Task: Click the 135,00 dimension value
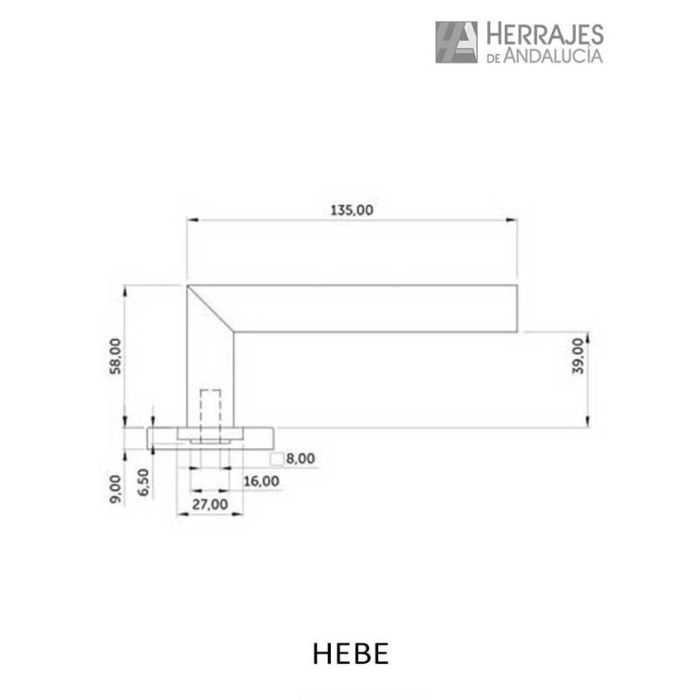point(352,210)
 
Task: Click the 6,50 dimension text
point(143,483)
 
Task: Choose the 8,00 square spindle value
point(300,458)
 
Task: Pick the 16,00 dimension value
point(261,481)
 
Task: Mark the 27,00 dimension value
point(209,505)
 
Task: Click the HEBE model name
point(349,655)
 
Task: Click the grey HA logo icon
point(456,42)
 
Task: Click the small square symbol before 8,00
point(276,458)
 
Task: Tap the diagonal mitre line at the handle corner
point(211,308)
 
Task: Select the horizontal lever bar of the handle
point(376,309)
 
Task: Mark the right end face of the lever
point(517,309)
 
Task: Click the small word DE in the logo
point(492,57)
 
